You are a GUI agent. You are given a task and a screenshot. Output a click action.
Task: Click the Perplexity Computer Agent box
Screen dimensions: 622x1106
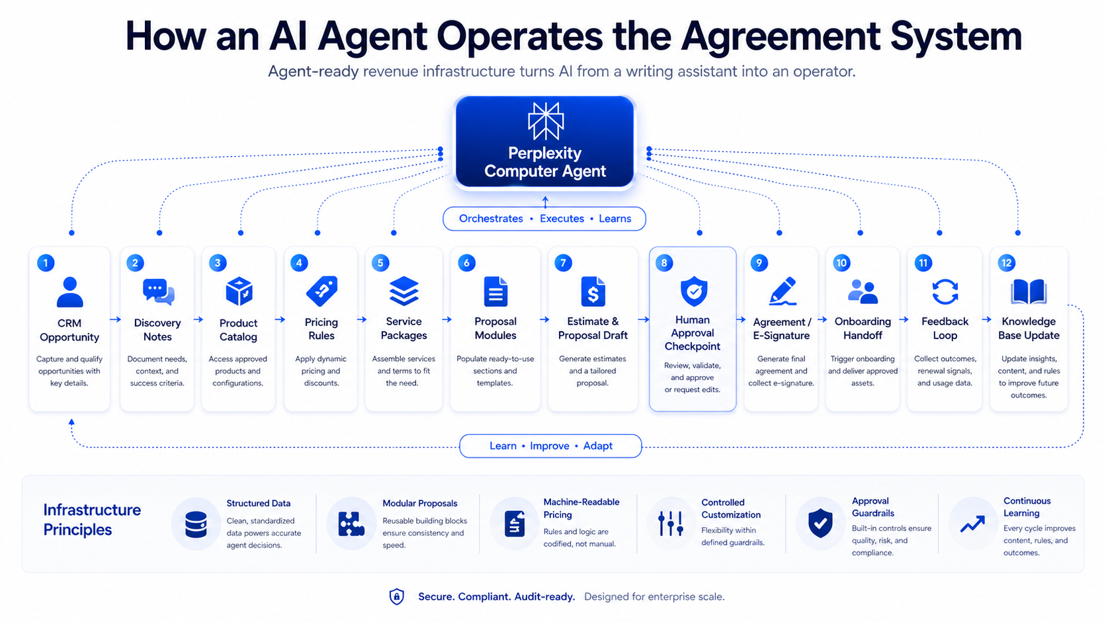point(544,142)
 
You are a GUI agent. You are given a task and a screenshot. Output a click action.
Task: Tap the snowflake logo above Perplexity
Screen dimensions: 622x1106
point(545,122)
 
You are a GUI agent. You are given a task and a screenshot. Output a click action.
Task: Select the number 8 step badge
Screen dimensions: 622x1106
point(664,262)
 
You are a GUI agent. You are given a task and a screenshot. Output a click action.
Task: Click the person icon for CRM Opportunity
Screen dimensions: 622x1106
point(69,292)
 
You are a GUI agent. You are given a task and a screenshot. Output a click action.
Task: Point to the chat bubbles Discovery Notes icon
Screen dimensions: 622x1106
point(158,291)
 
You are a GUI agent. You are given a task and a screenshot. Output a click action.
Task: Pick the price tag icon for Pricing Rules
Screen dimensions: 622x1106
point(321,291)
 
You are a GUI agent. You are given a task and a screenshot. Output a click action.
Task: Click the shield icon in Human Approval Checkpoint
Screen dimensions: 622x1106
point(693,291)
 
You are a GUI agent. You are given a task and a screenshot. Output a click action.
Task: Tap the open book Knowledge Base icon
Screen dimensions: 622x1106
point(1028,292)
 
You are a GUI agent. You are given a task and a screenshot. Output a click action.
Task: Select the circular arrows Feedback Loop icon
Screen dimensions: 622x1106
point(945,292)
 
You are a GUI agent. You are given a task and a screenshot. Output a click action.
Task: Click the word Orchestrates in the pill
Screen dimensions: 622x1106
point(491,219)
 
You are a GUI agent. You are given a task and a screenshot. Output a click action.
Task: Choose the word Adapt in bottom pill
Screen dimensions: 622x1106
point(597,446)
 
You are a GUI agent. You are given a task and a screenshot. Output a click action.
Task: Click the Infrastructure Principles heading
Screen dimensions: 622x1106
point(92,520)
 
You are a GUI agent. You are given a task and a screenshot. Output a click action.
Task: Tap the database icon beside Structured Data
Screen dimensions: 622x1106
point(196,524)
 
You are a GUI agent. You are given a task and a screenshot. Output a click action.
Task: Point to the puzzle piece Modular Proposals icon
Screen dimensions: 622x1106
point(351,524)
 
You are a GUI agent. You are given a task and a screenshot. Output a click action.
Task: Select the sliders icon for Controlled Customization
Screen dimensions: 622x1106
point(670,524)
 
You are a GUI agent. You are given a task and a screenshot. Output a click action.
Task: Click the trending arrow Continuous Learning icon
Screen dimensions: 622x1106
point(972,524)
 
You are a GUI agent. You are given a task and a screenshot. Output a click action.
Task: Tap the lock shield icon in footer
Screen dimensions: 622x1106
point(396,597)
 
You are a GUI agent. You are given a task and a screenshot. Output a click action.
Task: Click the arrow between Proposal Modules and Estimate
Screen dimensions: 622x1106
point(544,320)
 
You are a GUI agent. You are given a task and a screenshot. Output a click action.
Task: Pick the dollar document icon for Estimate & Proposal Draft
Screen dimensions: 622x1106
point(593,292)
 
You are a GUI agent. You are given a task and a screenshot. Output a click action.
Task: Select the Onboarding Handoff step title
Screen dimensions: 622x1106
point(863,329)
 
